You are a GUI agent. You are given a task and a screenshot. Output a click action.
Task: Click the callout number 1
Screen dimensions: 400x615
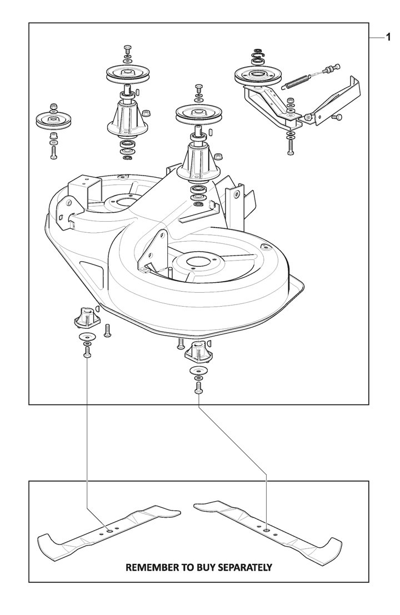tap(388, 38)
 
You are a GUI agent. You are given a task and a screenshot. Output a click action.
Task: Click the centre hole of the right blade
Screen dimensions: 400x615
tap(267, 530)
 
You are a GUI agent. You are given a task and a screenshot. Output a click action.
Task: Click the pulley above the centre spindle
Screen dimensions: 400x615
tap(197, 113)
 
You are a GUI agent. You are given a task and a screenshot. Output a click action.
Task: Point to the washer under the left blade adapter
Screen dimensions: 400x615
tap(87, 337)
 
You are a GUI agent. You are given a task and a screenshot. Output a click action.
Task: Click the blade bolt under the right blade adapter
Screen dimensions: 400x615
tap(198, 388)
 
